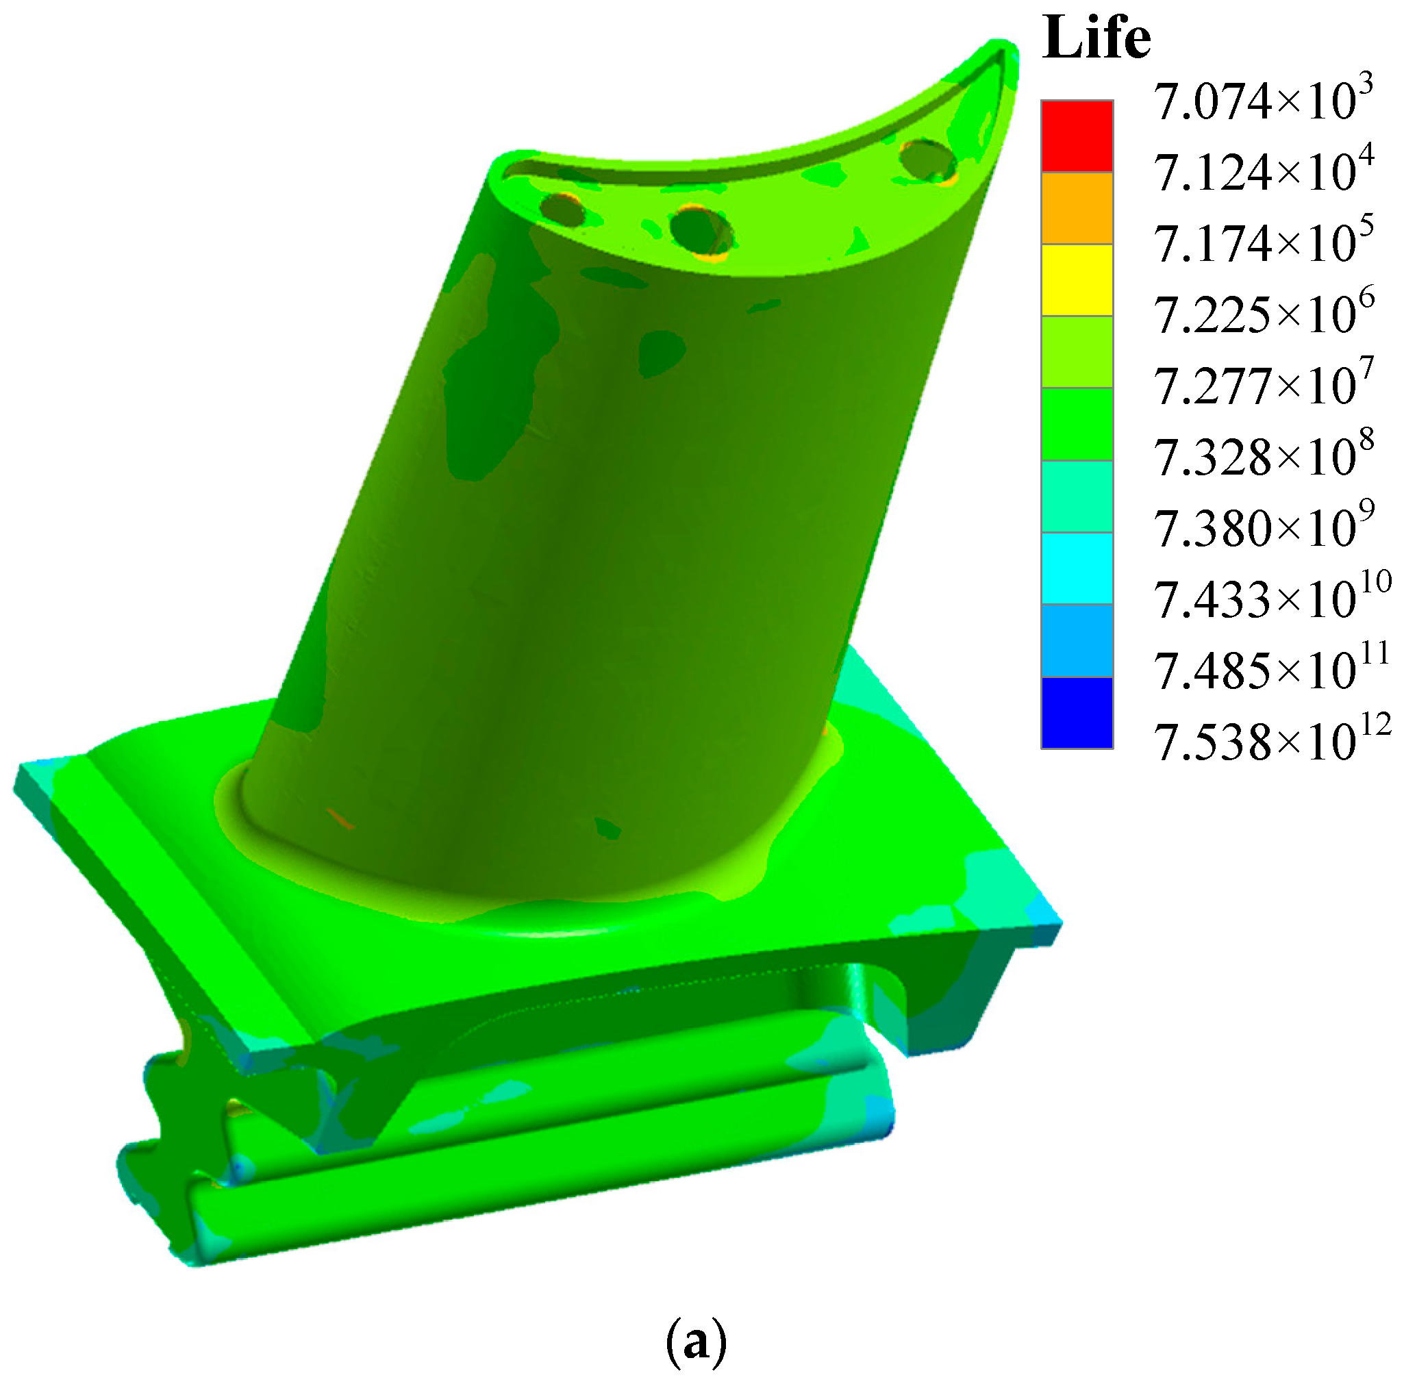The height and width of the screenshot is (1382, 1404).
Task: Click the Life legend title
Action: click(1096, 38)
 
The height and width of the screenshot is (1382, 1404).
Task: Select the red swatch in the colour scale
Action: click(1076, 136)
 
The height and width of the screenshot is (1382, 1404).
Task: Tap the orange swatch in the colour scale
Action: click(1076, 208)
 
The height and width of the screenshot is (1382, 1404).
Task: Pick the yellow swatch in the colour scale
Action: click(1076, 279)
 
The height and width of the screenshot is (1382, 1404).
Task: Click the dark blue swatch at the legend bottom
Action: click(1076, 712)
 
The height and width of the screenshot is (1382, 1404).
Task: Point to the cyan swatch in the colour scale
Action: click(1076, 568)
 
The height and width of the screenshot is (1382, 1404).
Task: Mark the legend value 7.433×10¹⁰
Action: click(1270, 599)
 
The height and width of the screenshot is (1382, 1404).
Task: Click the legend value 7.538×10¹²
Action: click(1270, 742)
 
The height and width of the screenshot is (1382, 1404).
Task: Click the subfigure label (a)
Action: click(694, 1344)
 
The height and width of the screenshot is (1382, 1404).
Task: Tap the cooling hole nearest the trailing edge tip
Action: click(927, 160)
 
